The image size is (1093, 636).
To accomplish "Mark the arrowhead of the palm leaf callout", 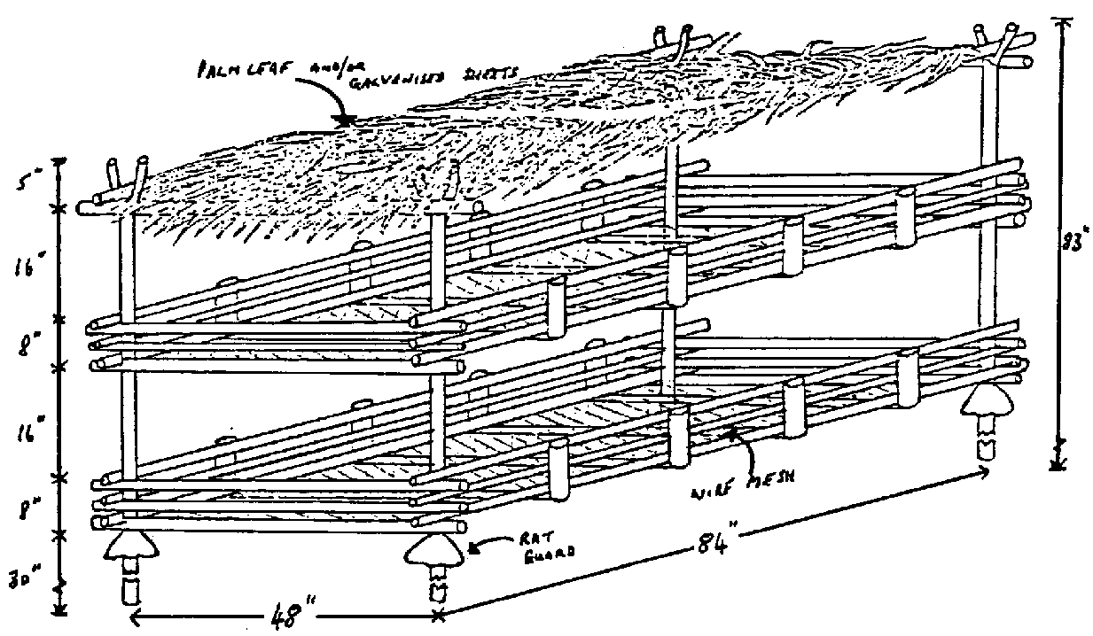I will pyautogui.click(x=346, y=118).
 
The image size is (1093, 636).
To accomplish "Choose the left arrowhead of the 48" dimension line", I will pyautogui.click(x=136, y=612).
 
